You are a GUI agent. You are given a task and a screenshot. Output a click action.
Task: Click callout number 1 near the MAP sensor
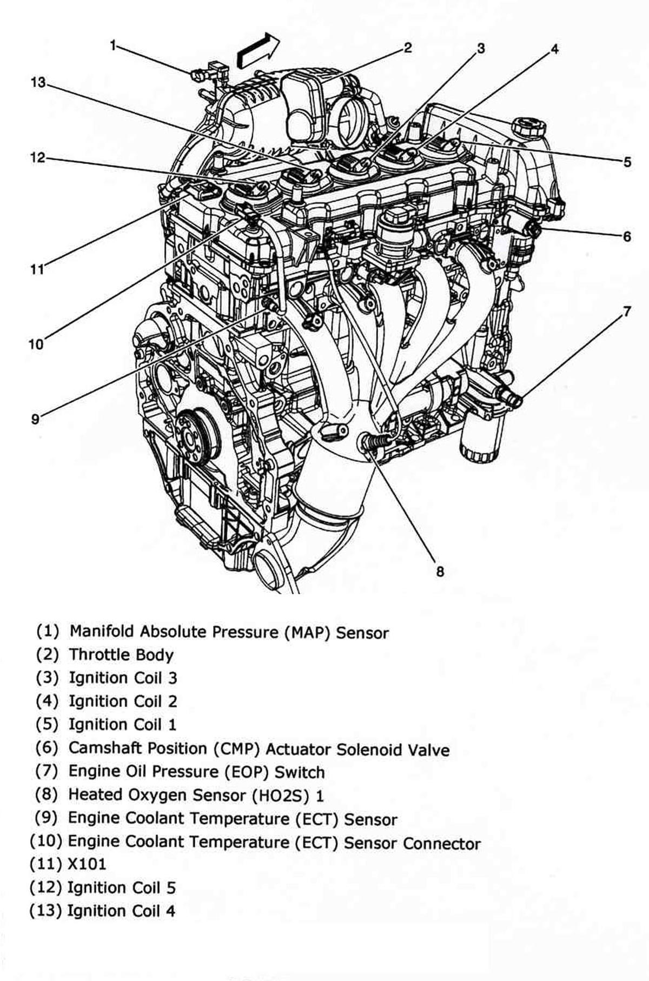tap(113, 45)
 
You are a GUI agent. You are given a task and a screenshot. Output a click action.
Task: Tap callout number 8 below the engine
tap(440, 571)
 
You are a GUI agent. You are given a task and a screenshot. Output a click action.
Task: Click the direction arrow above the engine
tap(259, 50)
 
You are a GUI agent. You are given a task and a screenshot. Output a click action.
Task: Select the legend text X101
tap(87, 864)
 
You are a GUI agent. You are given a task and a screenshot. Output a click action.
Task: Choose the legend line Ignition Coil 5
tap(121, 887)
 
